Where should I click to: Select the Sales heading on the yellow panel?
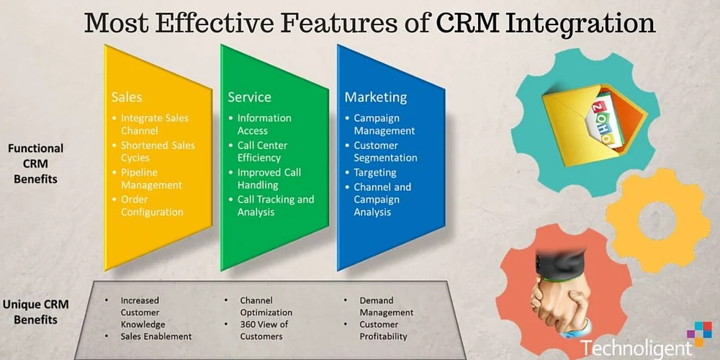127,96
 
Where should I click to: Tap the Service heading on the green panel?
249,96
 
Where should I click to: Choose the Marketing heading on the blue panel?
375,96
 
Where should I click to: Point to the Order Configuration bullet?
151,205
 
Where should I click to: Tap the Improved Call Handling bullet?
269,179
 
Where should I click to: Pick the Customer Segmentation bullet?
384,151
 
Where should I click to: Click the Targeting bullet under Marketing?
374,173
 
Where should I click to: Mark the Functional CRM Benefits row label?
36,163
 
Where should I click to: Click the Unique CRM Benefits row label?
36,311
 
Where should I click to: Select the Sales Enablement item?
156,336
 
